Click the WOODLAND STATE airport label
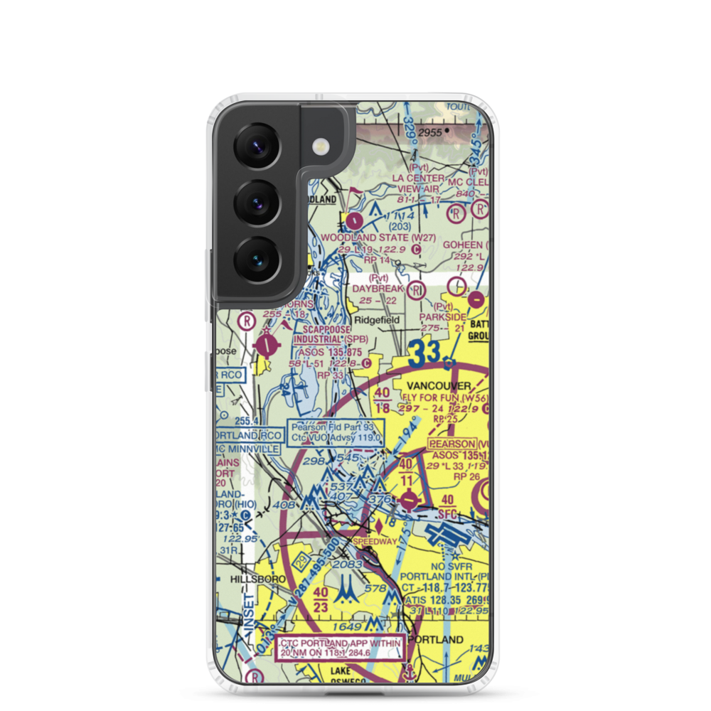(x=365, y=237)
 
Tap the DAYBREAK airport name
(x=378, y=289)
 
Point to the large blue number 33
(x=426, y=352)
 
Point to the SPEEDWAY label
(x=375, y=540)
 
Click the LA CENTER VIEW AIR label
(x=419, y=183)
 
